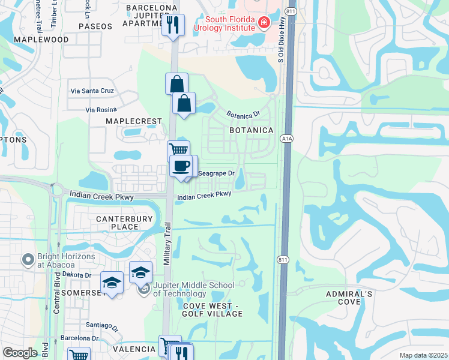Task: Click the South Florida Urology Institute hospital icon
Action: click(x=263, y=23)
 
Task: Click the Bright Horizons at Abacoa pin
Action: click(x=27, y=260)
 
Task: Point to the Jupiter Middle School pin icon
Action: click(x=143, y=289)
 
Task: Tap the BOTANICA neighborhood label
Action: click(x=251, y=130)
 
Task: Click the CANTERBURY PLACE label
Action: click(x=125, y=223)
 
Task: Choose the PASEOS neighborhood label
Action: click(x=95, y=26)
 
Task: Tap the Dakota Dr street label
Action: click(x=75, y=275)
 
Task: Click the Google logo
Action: click(x=20, y=353)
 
